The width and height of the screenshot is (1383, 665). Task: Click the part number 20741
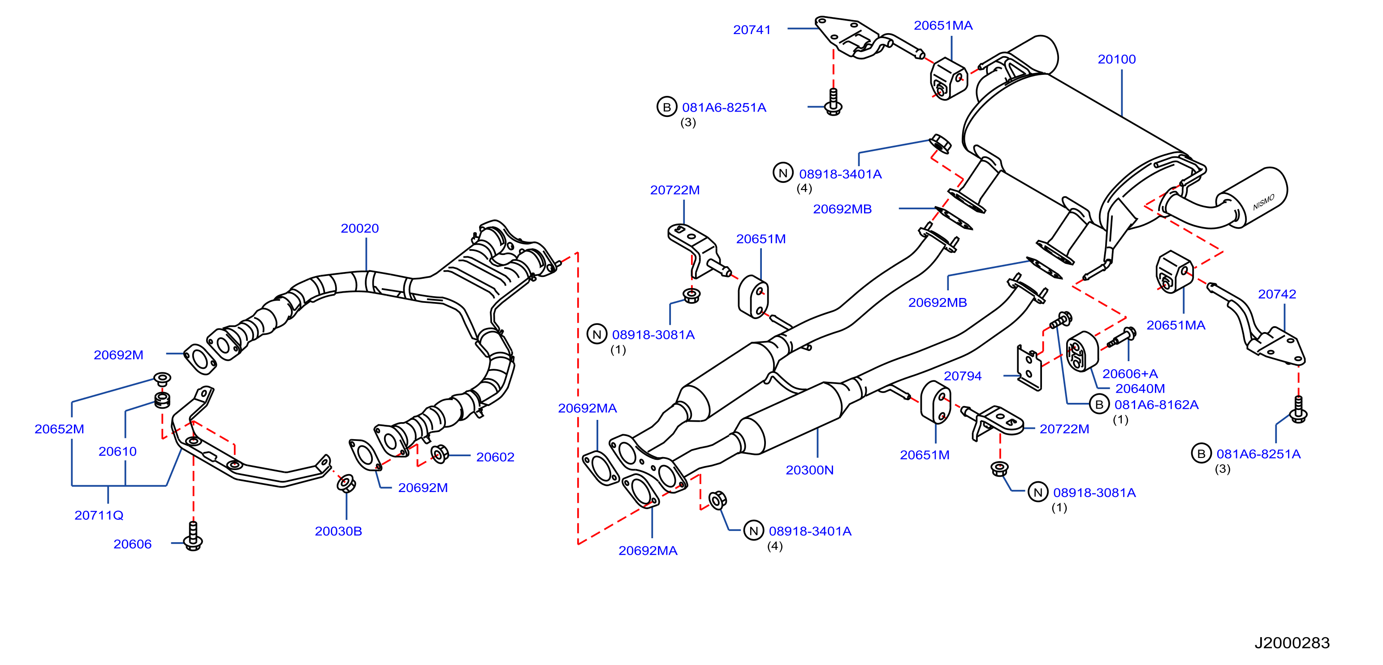(x=752, y=30)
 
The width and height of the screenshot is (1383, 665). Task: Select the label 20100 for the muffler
(x=1117, y=60)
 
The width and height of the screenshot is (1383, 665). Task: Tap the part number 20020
(x=360, y=229)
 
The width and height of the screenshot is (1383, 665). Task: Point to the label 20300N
(x=810, y=470)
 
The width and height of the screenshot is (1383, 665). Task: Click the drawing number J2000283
(x=1292, y=643)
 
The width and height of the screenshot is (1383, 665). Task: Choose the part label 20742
(x=1277, y=294)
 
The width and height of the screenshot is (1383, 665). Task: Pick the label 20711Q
(x=99, y=515)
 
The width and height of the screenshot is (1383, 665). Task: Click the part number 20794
(x=963, y=376)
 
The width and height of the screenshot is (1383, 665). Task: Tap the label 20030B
(x=338, y=531)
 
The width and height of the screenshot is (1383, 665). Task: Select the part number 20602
(x=495, y=457)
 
